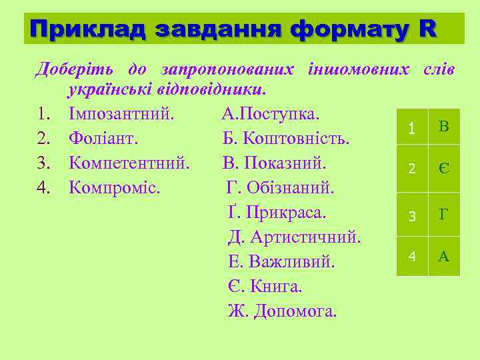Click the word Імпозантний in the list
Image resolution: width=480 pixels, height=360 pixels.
coord(121,113)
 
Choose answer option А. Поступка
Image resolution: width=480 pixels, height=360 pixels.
coord(271,113)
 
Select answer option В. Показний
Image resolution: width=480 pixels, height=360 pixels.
coord(275,163)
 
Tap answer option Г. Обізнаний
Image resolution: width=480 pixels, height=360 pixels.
coord(280,187)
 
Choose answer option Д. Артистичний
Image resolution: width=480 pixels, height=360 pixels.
coord(295,237)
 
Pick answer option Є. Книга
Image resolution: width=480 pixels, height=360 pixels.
coord(265,286)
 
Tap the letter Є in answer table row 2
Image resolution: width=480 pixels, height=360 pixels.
coord(444,169)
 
